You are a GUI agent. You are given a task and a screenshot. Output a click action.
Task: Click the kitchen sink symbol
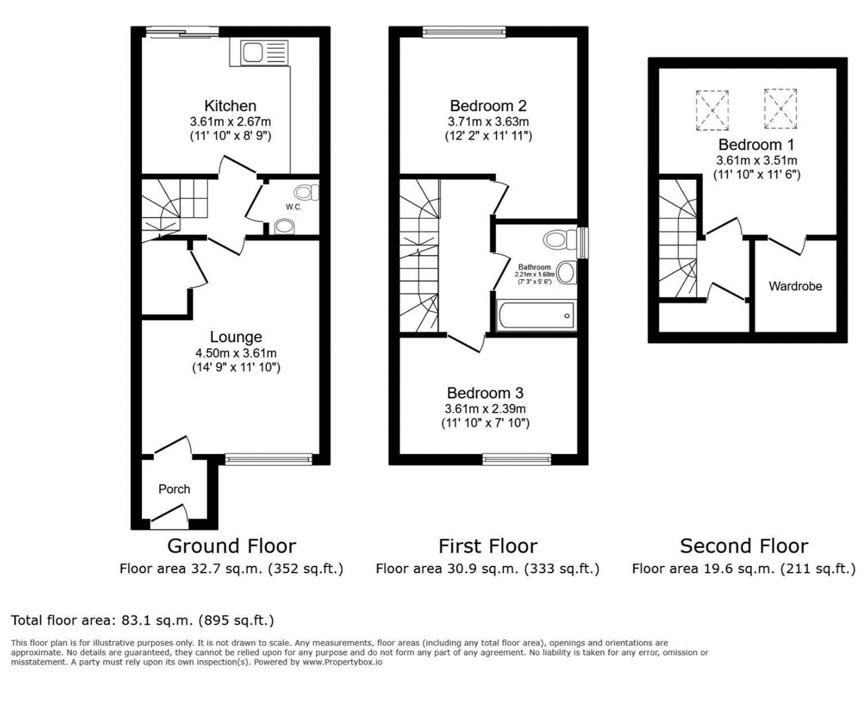tap(259, 52)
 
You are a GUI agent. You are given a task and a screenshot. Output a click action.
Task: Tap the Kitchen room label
tap(230, 106)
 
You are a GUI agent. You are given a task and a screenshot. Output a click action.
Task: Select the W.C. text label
tap(293, 207)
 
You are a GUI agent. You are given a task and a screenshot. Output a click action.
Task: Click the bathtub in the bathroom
tap(536, 315)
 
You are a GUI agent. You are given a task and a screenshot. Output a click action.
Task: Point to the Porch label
tap(174, 489)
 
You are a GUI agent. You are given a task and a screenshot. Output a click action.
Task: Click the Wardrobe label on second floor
tap(795, 286)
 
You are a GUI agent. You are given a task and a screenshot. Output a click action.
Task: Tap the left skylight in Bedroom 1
tap(712, 110)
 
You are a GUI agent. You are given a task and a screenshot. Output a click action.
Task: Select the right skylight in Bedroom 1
tap(780, 108)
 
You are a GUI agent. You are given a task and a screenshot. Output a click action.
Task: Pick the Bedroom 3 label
tap(485, 393)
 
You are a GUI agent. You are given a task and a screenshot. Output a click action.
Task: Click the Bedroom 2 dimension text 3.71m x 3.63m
tap(488, 122)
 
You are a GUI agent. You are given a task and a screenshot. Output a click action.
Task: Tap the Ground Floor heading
tap(231, 546)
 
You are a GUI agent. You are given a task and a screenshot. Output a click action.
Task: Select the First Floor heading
tap(488, 546)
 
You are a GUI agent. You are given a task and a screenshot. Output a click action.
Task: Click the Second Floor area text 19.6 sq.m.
tap(743, 569)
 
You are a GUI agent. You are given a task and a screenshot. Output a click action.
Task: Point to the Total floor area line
tap(142, 620)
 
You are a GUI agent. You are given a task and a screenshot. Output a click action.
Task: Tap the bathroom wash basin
tap(566, 272)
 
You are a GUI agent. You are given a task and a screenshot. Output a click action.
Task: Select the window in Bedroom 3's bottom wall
tap(517, 459)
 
